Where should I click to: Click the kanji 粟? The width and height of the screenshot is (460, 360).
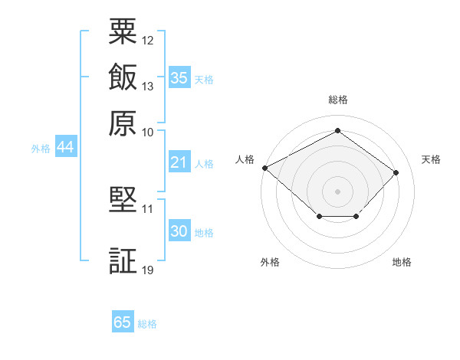[x=123, y=31]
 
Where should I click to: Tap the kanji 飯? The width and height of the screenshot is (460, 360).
[x=123, y=77]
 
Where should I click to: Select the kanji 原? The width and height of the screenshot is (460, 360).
[x=123, y=123]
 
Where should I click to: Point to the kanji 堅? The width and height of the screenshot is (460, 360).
[x=123, y=199]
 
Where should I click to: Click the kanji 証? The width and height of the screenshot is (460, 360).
[x=123, y=260]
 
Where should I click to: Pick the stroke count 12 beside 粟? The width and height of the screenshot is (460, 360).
[x=147, y=41]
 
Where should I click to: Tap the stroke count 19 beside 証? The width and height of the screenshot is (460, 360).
[x=147, y=270]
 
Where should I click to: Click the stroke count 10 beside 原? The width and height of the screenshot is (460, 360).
[x=147, y=133]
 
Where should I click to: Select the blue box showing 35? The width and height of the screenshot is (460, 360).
[x=179, y=77]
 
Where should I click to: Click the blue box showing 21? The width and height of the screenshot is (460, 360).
[x=179, y=162]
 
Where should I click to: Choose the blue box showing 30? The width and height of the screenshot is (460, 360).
[x=179, y=230]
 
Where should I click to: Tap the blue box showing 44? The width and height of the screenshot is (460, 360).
[x=66, y=146]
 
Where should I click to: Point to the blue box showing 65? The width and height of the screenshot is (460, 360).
[x=123, y=321]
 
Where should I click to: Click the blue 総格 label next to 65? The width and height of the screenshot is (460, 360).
[x=147, y=324]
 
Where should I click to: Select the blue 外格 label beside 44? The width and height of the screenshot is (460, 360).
[x=41, y=149]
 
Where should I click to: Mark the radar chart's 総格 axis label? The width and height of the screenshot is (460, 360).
[x=338, y=100]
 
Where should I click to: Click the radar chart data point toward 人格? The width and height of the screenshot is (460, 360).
[x=265, y=168]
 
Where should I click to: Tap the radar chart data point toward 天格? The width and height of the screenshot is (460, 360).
[x=396, y=172]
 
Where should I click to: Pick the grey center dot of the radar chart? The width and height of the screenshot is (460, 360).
[x=337, y=191]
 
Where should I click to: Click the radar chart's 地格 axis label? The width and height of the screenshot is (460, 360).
[x=402, y=262]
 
